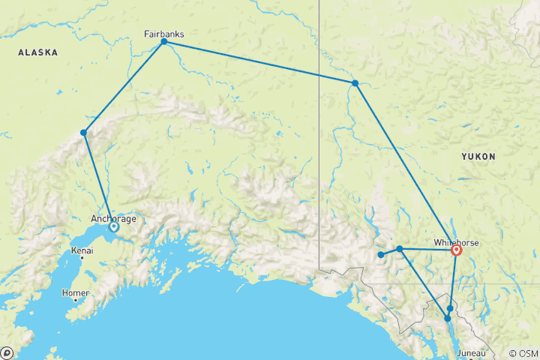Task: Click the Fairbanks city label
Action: (163, 34)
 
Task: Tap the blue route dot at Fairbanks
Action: (163, 42)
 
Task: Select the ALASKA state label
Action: (38, 52)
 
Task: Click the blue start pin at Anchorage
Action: (114, 226)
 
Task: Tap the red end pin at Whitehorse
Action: (456, 250)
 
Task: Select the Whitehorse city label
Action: (456, 242)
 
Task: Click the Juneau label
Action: (471, 352)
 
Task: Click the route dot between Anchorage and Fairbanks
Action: (84, 133)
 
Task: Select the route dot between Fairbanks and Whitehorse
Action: (355, 83)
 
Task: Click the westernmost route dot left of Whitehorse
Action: (381, 255)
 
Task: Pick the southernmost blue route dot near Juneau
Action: (448, 319)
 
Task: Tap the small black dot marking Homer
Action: (75, 300)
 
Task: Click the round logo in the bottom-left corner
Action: (7, 352)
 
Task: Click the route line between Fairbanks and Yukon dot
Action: (259, 62)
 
